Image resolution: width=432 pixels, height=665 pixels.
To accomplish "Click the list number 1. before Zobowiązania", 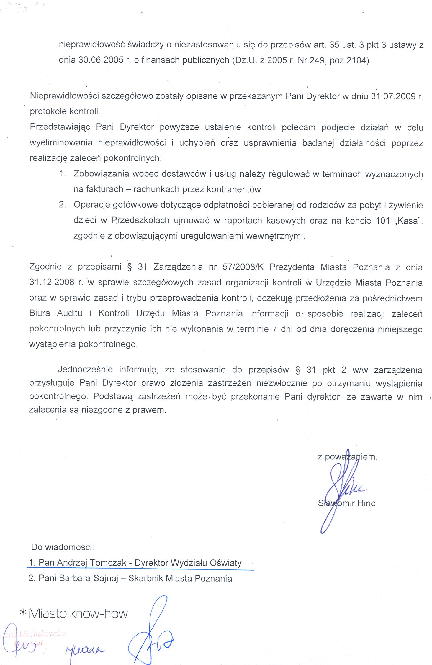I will pos(62,173).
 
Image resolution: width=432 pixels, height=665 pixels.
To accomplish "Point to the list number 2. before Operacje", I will pos(62,205).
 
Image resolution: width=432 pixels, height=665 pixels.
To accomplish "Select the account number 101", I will pos(383,221).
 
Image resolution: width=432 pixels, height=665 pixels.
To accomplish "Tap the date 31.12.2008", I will pos(52,282).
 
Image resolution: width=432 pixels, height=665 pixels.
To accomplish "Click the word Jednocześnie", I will pos(86,370).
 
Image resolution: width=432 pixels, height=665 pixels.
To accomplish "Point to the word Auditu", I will pos(70,313).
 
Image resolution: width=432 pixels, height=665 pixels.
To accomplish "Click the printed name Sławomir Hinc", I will pos(346,503).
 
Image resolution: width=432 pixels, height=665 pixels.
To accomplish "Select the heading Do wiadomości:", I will pos(62,547).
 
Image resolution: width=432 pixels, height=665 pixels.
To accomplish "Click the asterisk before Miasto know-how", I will pos(23,613).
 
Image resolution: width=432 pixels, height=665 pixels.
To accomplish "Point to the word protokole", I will pos(48,111).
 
